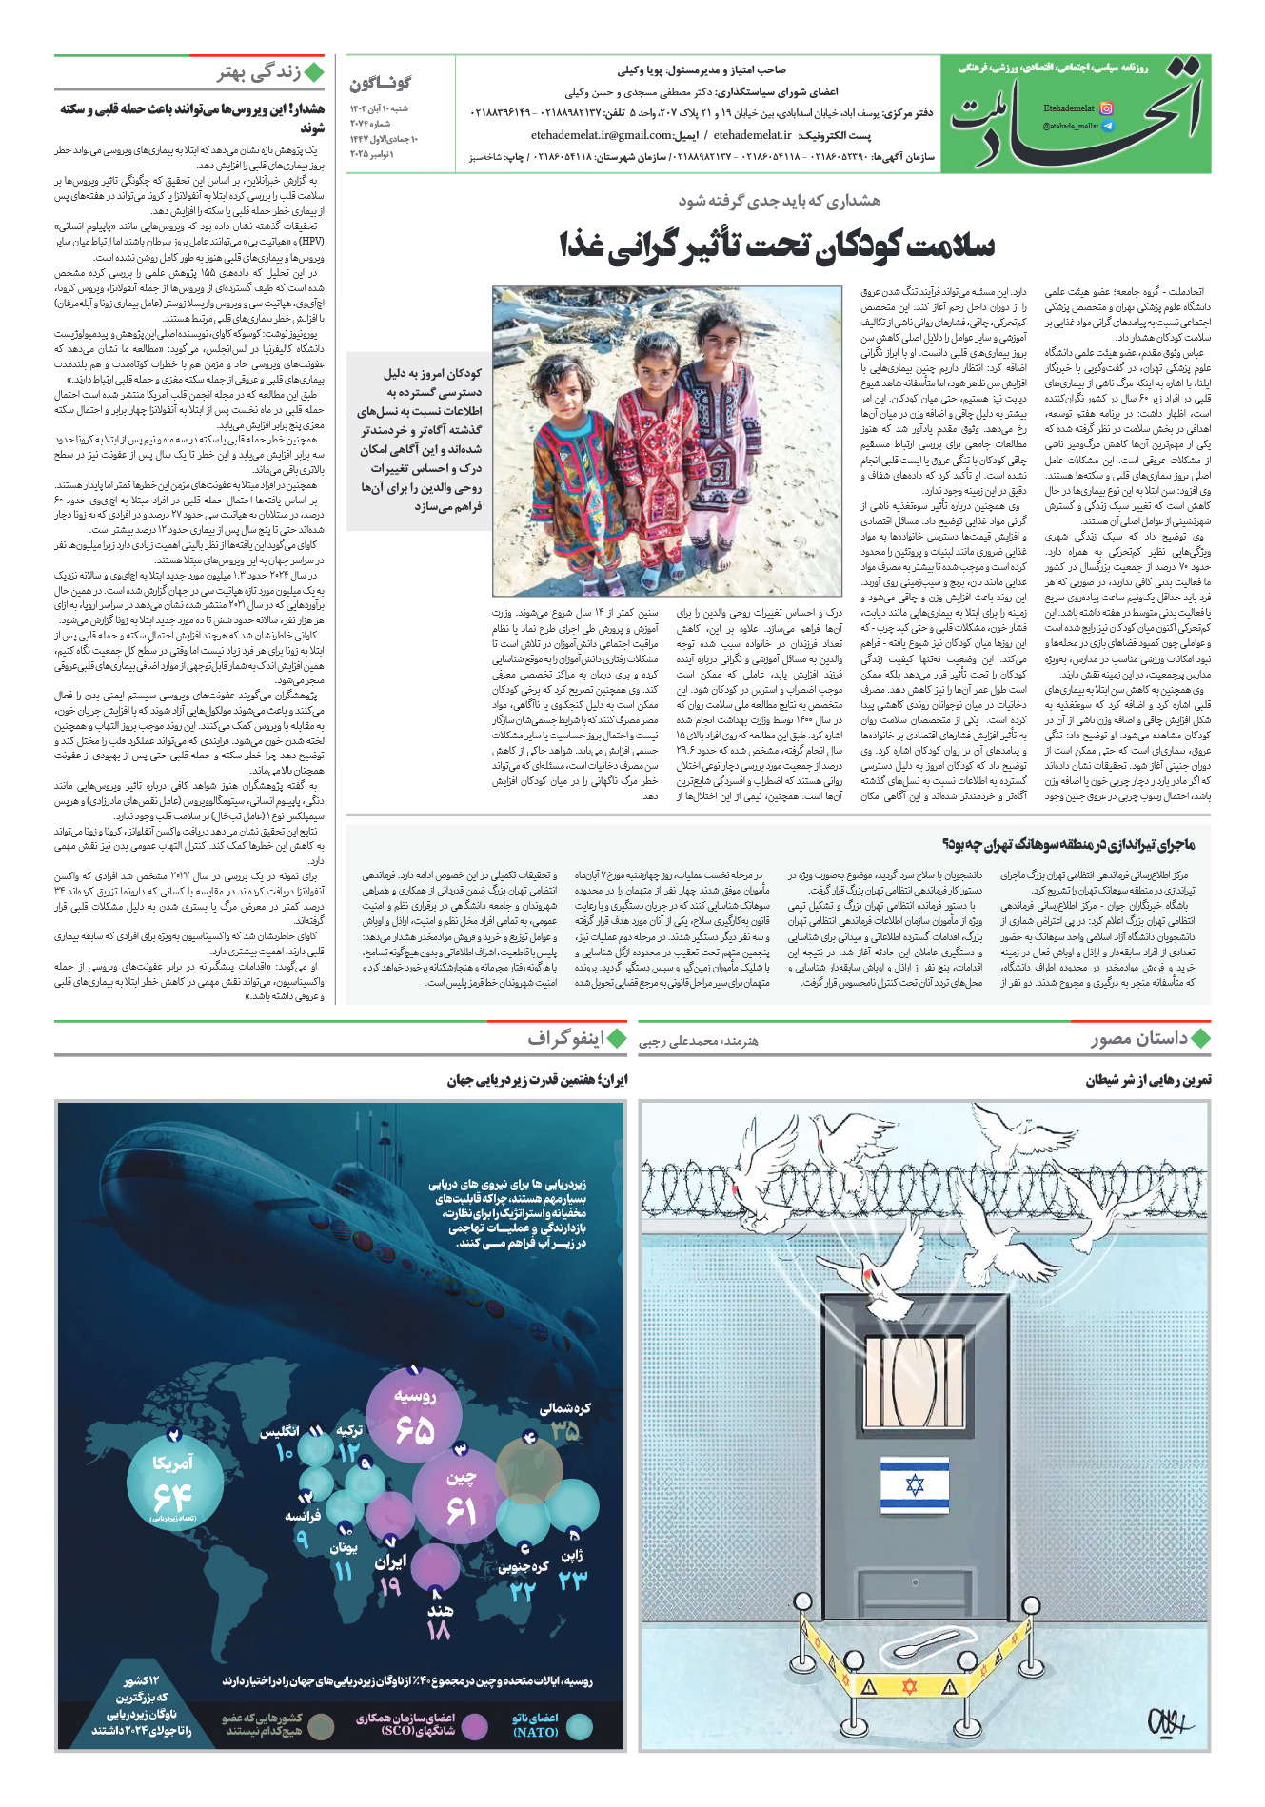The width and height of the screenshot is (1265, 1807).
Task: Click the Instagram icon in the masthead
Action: coord(1105,108)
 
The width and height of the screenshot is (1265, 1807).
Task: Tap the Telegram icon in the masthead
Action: coord(1105,126)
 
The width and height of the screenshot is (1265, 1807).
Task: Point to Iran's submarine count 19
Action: coord(390,1586)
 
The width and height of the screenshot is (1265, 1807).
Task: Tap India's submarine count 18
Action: coord(438,1630)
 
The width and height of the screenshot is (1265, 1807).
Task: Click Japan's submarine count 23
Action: coord(572,1581)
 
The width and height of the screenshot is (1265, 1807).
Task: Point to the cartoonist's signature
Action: coord(1168,1720)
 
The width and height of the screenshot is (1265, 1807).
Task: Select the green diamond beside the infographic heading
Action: coord(617,1038)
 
